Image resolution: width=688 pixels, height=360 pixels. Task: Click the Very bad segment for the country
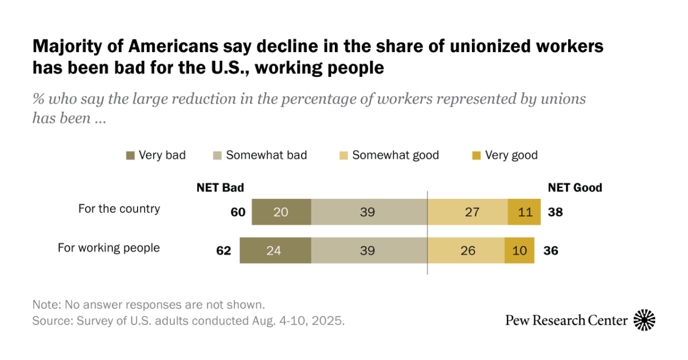281,212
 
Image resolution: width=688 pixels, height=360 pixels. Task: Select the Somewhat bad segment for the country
369,212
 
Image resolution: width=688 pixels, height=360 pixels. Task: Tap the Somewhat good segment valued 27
467,212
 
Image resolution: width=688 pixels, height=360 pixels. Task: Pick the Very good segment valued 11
524,212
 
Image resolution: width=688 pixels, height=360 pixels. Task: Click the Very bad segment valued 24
275,250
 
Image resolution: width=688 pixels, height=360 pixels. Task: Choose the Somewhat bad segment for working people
369,250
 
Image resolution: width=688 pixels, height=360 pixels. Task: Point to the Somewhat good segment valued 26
466,250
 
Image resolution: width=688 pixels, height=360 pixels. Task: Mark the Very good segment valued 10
519,250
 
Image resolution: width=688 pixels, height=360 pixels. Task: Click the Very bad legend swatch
130,155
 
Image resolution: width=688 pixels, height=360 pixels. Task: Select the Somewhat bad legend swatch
217,155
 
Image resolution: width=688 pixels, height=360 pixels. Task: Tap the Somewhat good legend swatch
343,155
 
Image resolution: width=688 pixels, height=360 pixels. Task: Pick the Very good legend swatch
476,155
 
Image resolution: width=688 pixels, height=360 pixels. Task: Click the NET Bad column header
220,187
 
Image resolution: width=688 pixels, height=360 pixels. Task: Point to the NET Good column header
574,187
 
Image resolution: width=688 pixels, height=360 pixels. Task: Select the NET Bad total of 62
223,250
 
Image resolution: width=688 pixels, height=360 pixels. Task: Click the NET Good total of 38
555,212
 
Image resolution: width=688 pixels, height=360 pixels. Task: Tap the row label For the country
119,209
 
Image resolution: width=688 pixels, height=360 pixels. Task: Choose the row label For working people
109,248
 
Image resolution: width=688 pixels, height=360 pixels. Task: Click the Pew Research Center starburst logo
644,320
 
